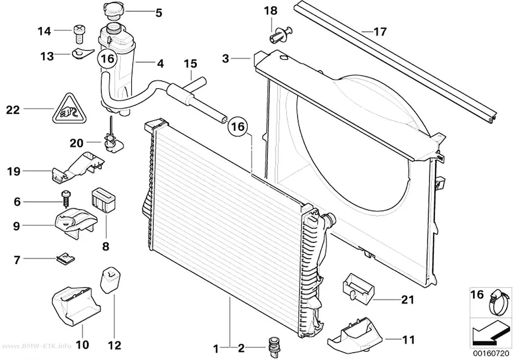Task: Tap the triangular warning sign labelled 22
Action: point(69,109)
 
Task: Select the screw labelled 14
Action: point(78,34)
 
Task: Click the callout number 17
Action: point(380,32)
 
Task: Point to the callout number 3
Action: point(226,58)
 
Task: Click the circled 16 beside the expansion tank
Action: point(107,59)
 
